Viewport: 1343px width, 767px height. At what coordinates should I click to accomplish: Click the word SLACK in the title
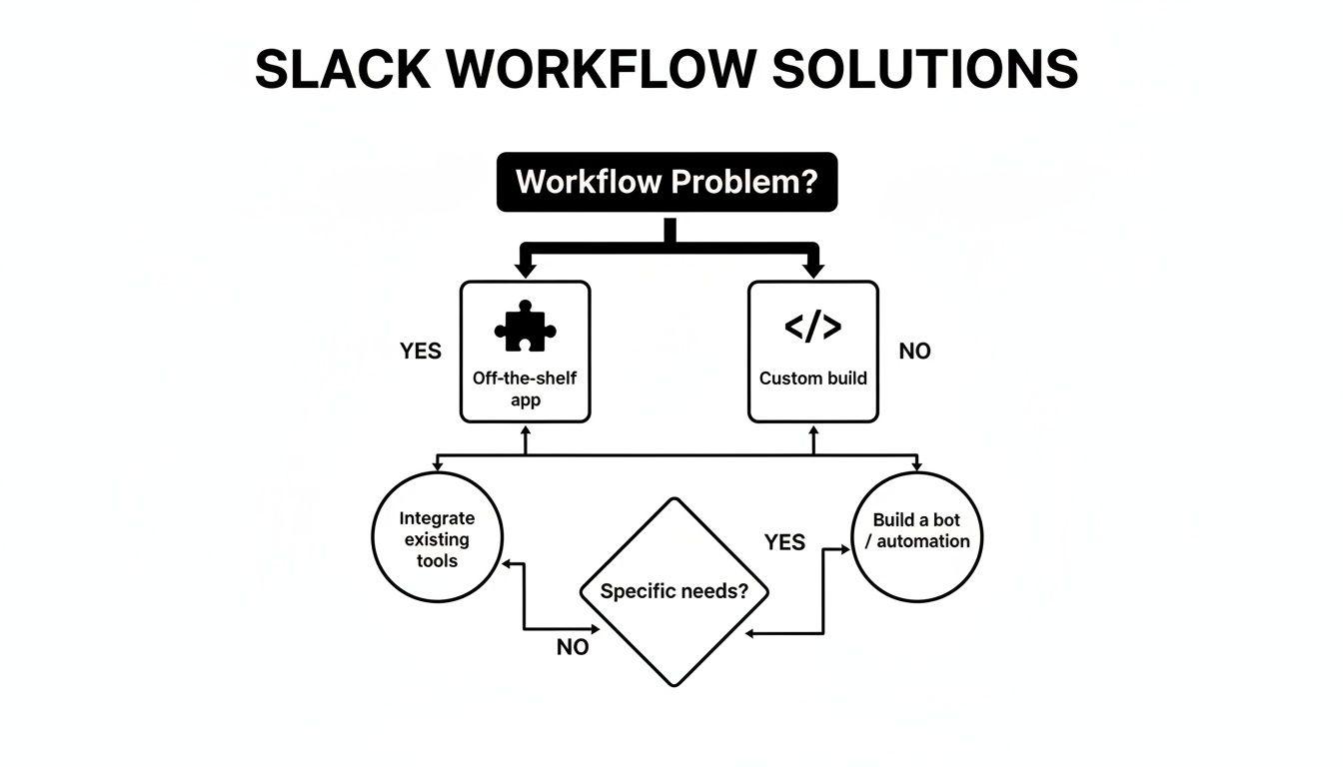(x=342, y=70)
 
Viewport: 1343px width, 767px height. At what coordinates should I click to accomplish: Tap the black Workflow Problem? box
(x=667, y=182)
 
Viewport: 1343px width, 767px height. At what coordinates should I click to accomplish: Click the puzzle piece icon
(x=525, y=328)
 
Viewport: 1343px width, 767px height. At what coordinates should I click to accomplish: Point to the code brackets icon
(x=813, y=328)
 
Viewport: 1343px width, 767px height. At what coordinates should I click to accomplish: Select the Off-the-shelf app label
(x=525, y=389)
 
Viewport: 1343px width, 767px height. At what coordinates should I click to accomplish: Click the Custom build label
(x=813, y=379)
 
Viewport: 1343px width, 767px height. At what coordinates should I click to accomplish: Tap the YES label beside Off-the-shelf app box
(x=421, y=352)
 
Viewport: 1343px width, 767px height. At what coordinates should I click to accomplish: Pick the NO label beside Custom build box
(x=914, y=352)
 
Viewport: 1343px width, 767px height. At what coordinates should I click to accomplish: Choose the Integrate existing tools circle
(x=437, y=539)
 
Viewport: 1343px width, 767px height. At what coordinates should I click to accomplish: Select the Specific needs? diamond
(x=674, y=591)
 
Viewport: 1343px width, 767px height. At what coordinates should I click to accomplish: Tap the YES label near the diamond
(x=784, y=542)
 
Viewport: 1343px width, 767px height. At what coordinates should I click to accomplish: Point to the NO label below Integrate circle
(x=573, y=647)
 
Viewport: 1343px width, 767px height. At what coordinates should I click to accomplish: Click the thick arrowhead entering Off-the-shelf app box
(x=525, y=271)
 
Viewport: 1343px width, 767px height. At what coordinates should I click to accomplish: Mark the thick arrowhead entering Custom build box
(x=813, y=271)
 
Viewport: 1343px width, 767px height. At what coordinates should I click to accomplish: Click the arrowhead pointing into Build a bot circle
(x=843, y=550)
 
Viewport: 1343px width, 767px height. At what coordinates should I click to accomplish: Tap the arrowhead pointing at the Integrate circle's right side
(x=508, y=564)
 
